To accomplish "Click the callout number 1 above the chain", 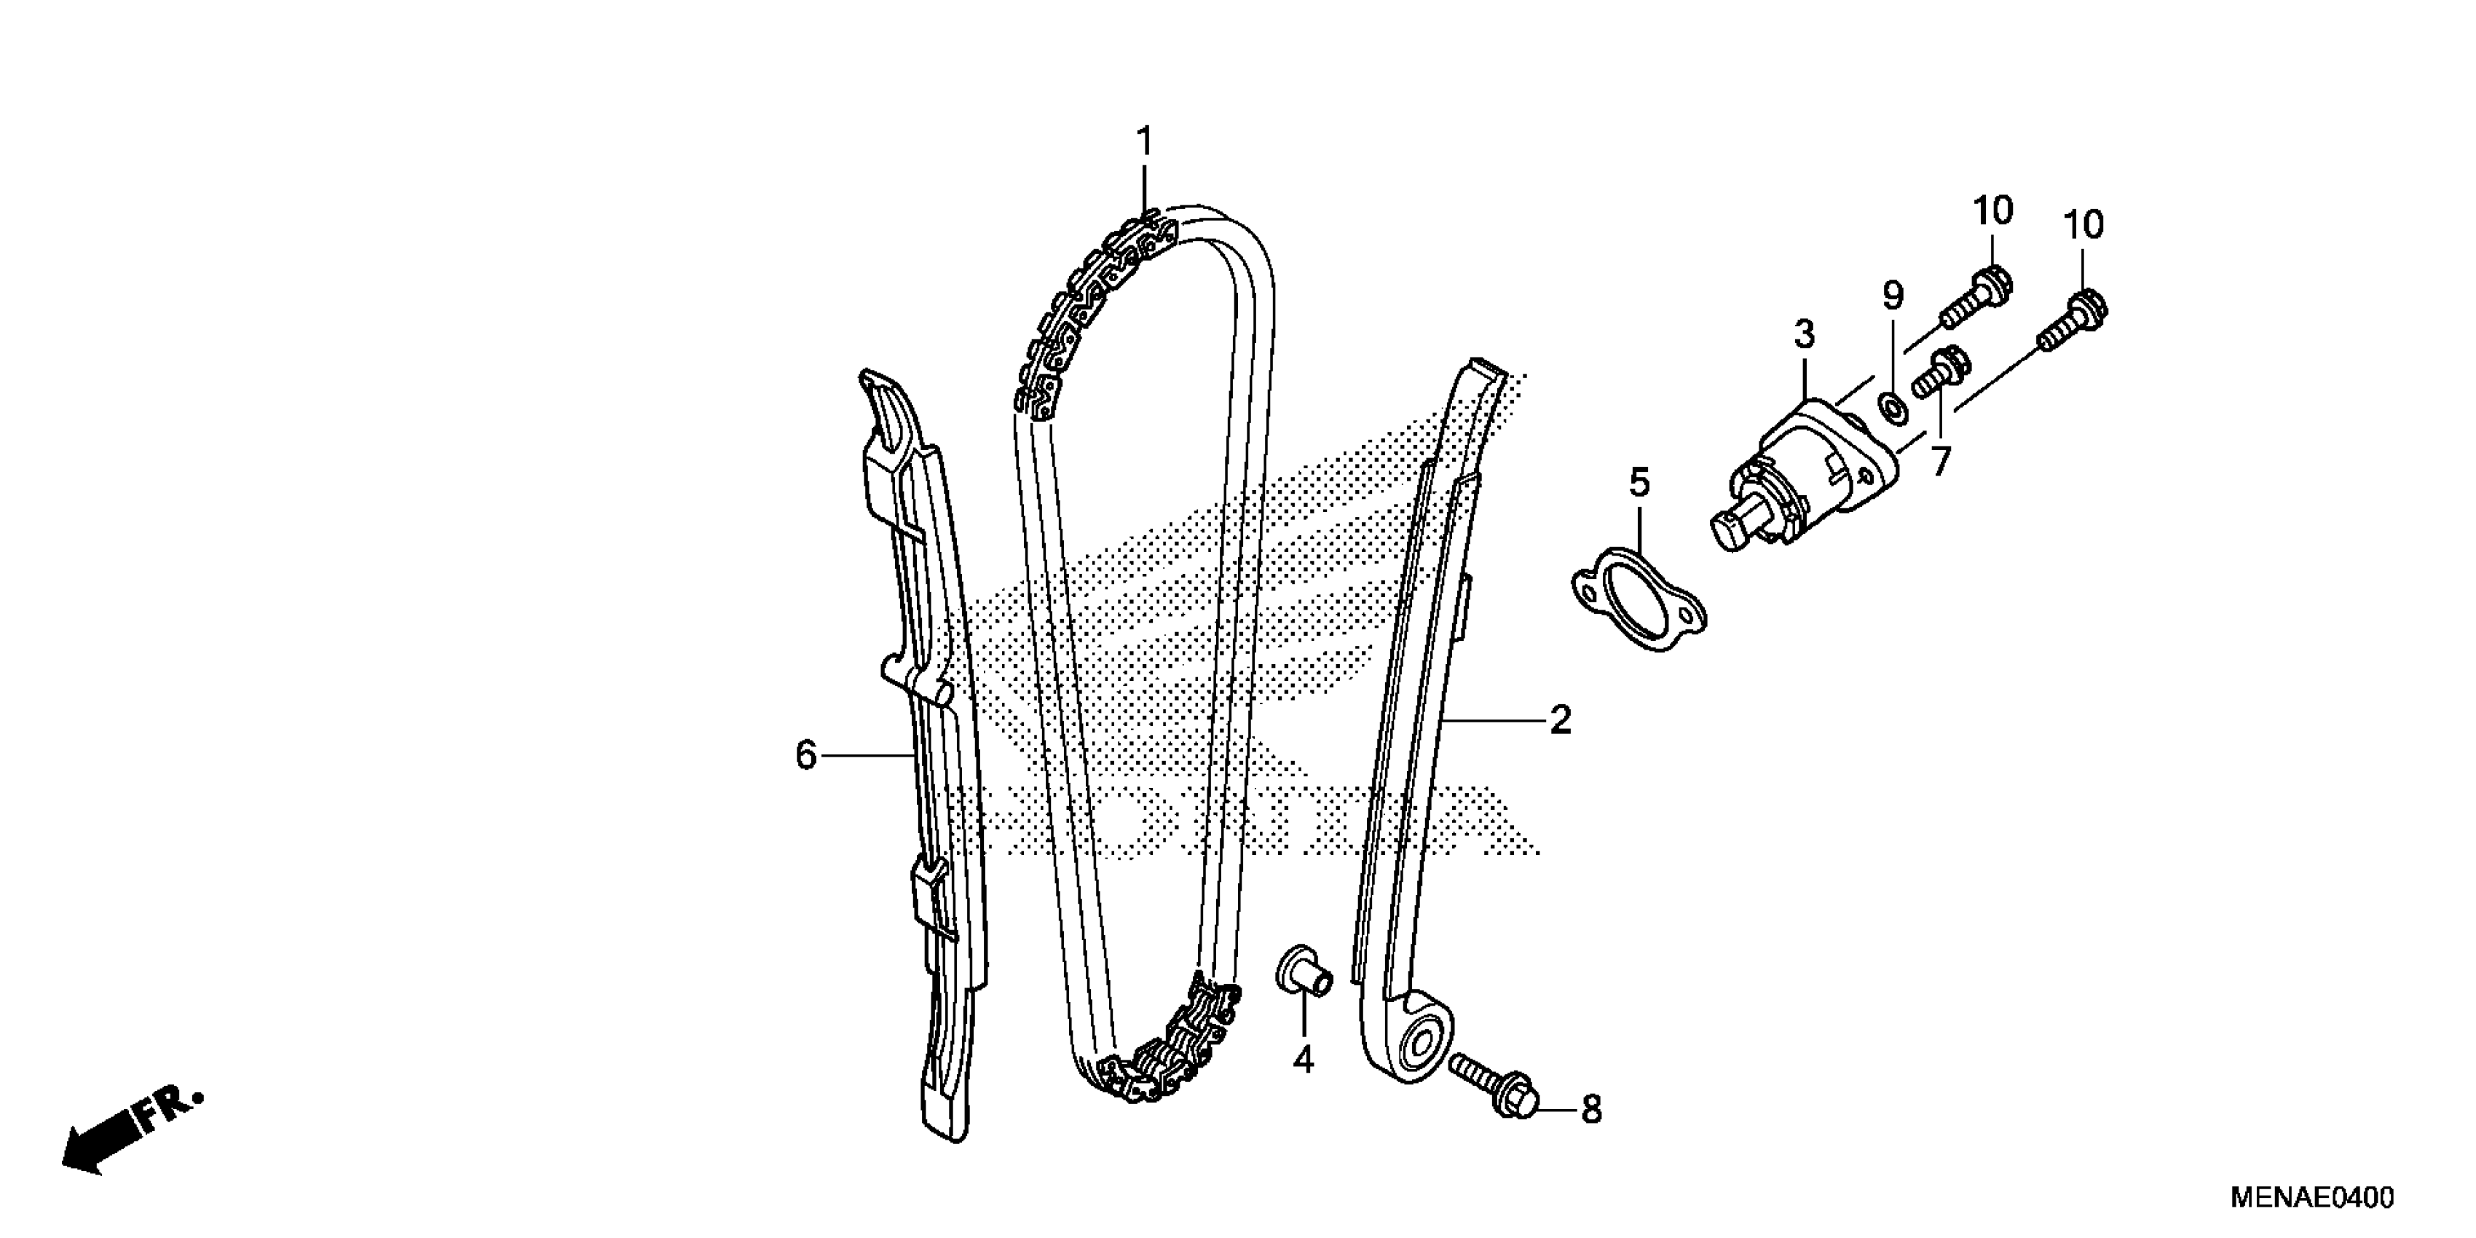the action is tap(1144, 142).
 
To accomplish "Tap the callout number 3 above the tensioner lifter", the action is tap(1804, 334).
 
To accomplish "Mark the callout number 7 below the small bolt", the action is tap(1941, 462).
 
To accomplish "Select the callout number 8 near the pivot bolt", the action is tap(1592, 1110).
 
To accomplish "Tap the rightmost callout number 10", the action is tap(2083, 226).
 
